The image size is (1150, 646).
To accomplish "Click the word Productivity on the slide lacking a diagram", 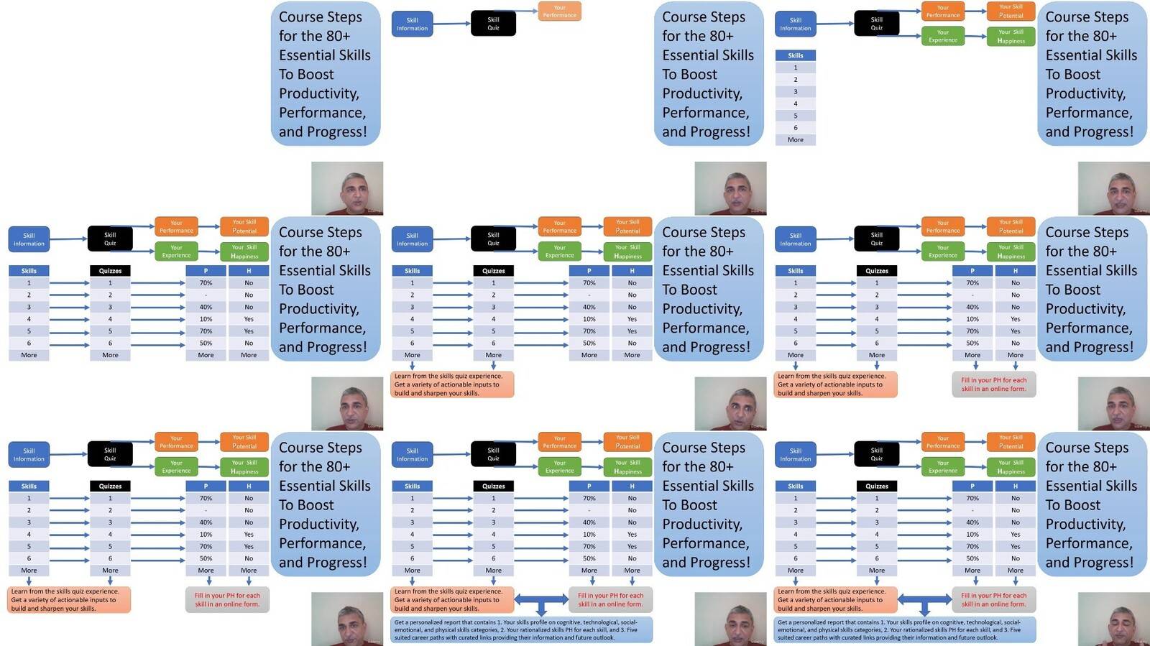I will [x=318, y=93].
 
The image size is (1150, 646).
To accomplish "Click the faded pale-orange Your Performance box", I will [x=559, y=11].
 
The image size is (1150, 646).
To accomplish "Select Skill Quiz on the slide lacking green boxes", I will [x=493, y=24].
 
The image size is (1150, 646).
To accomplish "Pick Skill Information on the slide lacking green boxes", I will [x=412, y=24].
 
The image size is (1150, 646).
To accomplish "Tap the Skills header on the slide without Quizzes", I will [x=795, y=55].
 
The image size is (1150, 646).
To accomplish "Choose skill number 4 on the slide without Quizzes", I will [x=795, y=103].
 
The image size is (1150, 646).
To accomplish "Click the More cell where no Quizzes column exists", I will [x=795, y=139].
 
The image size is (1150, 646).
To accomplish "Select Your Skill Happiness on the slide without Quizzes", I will [x=1011, y=36].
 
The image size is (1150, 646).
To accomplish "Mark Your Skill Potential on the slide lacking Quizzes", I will [x=1011, y=11].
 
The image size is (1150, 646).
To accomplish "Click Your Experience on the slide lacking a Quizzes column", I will [x=942, y=36].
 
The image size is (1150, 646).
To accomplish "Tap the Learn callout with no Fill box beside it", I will [x=453, y=384].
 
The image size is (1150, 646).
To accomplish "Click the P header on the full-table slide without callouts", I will [x=206, y=271].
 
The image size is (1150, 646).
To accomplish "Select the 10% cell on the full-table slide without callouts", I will [x=206, y=319].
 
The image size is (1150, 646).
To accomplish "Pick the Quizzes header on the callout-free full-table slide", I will [x=110, y=271].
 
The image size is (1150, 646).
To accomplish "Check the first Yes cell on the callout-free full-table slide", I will [x=249, y=319].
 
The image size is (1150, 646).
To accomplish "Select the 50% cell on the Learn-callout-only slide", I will [x=589, y=343].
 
